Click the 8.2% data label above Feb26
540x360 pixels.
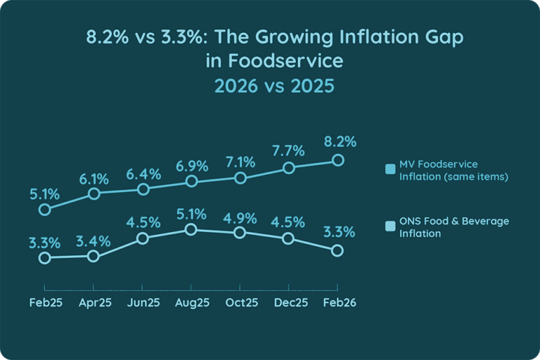pos(340,141)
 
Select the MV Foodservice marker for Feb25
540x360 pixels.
pos(44,210)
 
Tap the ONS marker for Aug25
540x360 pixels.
pos(191,230)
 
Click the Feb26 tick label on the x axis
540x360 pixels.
pos(338,302)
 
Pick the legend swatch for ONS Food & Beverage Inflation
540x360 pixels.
pos(390,227)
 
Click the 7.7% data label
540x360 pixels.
pos(288,150)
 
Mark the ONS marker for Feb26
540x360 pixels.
pos(337,250)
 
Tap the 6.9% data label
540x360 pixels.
pos(191,166)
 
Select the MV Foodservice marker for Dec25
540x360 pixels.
pos(288,168)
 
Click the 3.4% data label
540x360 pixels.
pos(94,241)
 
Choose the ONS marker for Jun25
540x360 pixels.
pos(142,238)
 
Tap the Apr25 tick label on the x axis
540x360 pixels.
pos(94,302)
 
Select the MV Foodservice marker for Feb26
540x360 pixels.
pos(337,160)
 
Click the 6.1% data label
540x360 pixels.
pos(94,178)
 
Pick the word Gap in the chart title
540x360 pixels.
pos(445,37)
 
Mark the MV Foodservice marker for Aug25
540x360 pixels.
pos(191,182)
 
